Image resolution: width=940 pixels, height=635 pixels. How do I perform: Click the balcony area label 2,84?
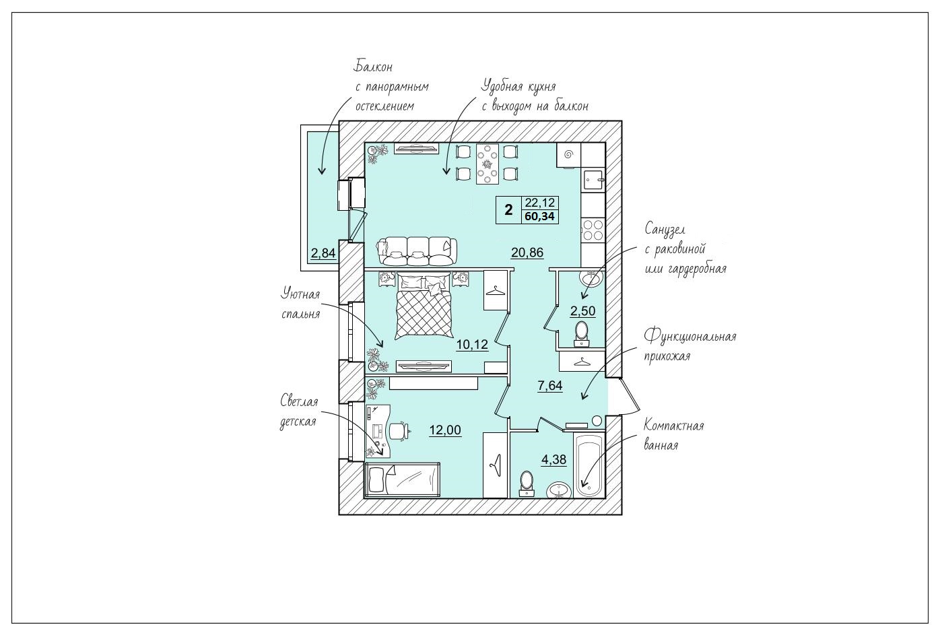point(323,253)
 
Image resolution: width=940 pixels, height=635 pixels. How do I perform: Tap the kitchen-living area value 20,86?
point(527,253)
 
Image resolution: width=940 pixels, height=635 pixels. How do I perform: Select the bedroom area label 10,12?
point(472,345)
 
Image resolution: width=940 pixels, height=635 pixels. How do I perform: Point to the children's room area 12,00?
point(445,430)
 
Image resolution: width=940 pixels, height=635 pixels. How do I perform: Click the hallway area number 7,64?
point(550,385)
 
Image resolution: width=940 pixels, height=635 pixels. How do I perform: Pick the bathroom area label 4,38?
point(554,459)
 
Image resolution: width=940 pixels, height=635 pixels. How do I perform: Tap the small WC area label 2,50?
point(583,311)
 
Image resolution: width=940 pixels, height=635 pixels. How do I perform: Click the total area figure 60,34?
point(539,217)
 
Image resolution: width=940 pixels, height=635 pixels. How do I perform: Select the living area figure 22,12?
point(539,203)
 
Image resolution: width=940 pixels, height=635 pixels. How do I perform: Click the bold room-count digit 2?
point(508,210)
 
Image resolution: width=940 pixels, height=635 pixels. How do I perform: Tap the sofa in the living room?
point(417,251)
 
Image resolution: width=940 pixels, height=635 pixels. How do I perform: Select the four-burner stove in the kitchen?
point(593,230)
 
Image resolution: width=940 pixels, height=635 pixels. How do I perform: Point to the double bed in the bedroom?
point(424,305)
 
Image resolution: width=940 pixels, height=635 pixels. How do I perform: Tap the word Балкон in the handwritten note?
point(374,66)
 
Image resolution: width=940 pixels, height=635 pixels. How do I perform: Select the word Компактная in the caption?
point(674,426)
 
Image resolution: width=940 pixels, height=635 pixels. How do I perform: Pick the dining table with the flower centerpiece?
point(488,164)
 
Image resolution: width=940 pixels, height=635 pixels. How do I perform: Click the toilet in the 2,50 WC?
point(581,333)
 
